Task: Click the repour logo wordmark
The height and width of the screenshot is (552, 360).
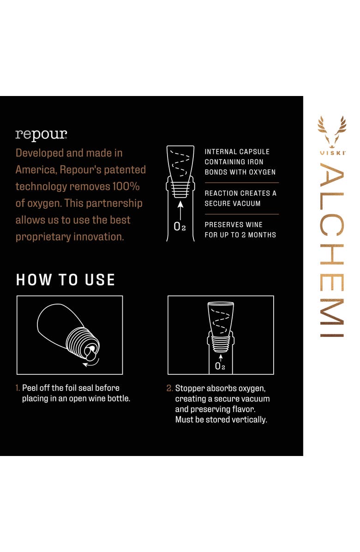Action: [x=41, y=135]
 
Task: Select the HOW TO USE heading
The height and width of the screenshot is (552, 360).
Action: [x=66, y=280]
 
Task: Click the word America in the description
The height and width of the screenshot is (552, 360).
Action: [x=36, y=170]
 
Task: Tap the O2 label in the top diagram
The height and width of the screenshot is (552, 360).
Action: [x=180, y=226]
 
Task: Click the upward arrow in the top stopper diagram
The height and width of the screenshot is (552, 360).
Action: [x=180, y=210]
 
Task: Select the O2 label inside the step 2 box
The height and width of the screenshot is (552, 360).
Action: [x=220, y=366]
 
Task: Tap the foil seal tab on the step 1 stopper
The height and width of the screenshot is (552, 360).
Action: [x=90, y=353]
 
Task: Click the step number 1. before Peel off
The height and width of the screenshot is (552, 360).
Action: [x=18, y=388]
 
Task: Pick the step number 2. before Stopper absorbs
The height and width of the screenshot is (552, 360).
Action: [x=170, y=388]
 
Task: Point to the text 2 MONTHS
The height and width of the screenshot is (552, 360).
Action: [x=258, y=235]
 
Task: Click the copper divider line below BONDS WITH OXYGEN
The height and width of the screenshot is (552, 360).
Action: [x=242, y=183]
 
